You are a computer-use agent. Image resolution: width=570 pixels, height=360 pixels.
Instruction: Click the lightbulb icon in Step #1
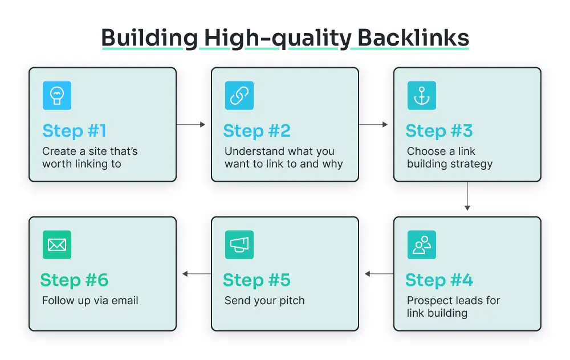coord(56,96)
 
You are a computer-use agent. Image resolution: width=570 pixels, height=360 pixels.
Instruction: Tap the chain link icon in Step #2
coord(239,96)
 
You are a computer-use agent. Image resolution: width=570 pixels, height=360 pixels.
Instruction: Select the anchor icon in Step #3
coord(421,96)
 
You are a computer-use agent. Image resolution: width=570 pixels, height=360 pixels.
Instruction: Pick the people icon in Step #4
coord(421,245)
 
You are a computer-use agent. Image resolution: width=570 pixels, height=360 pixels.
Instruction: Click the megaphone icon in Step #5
coord(239,245)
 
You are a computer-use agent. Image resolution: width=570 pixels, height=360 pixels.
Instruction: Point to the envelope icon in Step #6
coord(56,245)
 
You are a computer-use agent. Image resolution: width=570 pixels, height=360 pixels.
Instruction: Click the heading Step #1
coord(74,131)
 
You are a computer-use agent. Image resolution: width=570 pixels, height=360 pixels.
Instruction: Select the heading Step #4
coord(439,280)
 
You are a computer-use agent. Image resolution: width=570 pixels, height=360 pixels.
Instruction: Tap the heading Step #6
coord(74,280)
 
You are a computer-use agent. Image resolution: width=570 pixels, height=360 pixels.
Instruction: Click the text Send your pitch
coord(264,300)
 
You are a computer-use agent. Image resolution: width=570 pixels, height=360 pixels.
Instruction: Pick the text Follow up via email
coord(90,300)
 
